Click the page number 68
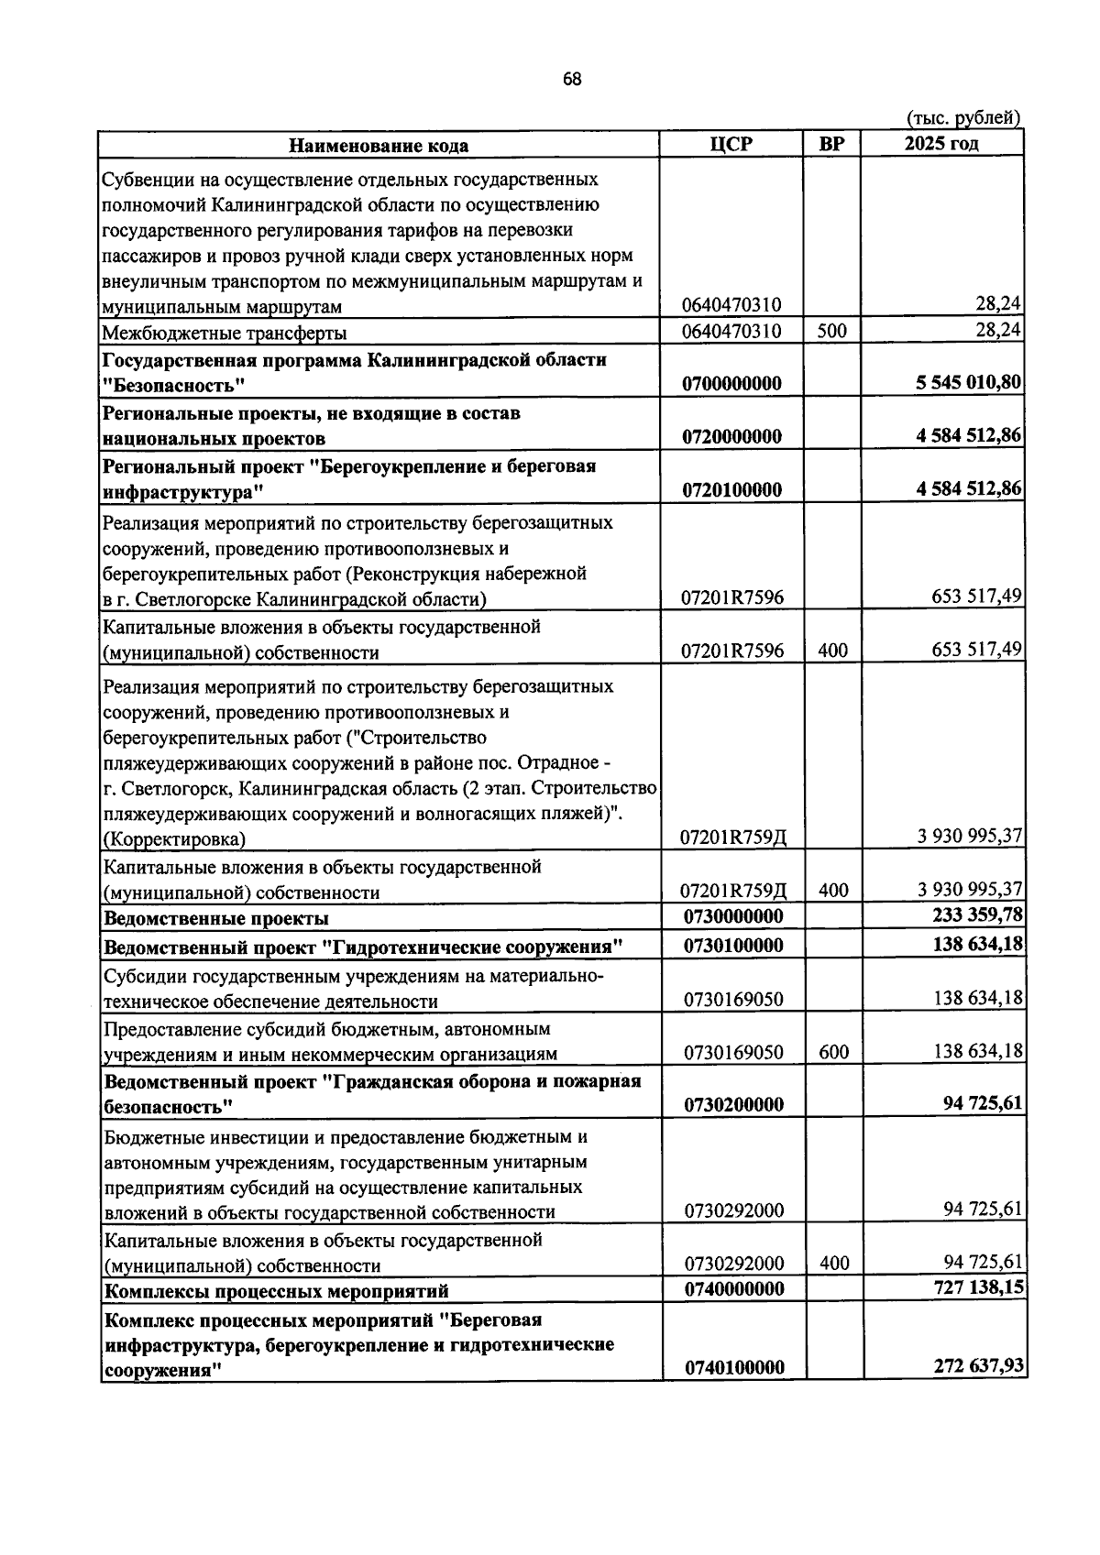click(x=572, y=80)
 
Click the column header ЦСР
click(x=731, y=145)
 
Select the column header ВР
click(x=831, y=145)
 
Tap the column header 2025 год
click(x=940, y=144)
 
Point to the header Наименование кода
click(x=379, y=146)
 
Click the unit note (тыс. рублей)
click(x=962, y=118)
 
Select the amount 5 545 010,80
click(x=969, y=382)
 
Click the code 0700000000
click(x=732, y=383)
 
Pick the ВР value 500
click(x=831, y=331)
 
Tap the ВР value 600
click(x=833, y=1052)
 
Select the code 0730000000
click(x=733, y=916)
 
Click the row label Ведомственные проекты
click(x=216, y=918)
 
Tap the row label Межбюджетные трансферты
click(x=224, y=333)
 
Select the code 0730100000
click(x=733, y=945)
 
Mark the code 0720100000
click(x=732, y=489)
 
